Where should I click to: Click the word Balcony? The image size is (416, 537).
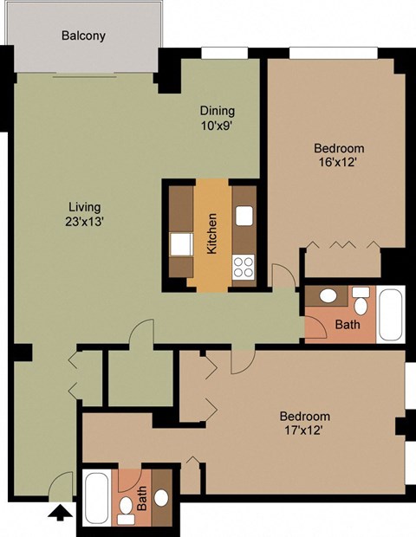pos(82,36)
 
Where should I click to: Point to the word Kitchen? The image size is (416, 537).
pos(211,235)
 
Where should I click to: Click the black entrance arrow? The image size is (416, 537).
pos(59,514)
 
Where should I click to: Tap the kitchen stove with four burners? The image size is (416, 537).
pos(244,266)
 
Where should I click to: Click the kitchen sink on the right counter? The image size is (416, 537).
pos(244,217)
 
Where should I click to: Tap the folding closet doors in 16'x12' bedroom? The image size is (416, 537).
pos(344,246)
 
